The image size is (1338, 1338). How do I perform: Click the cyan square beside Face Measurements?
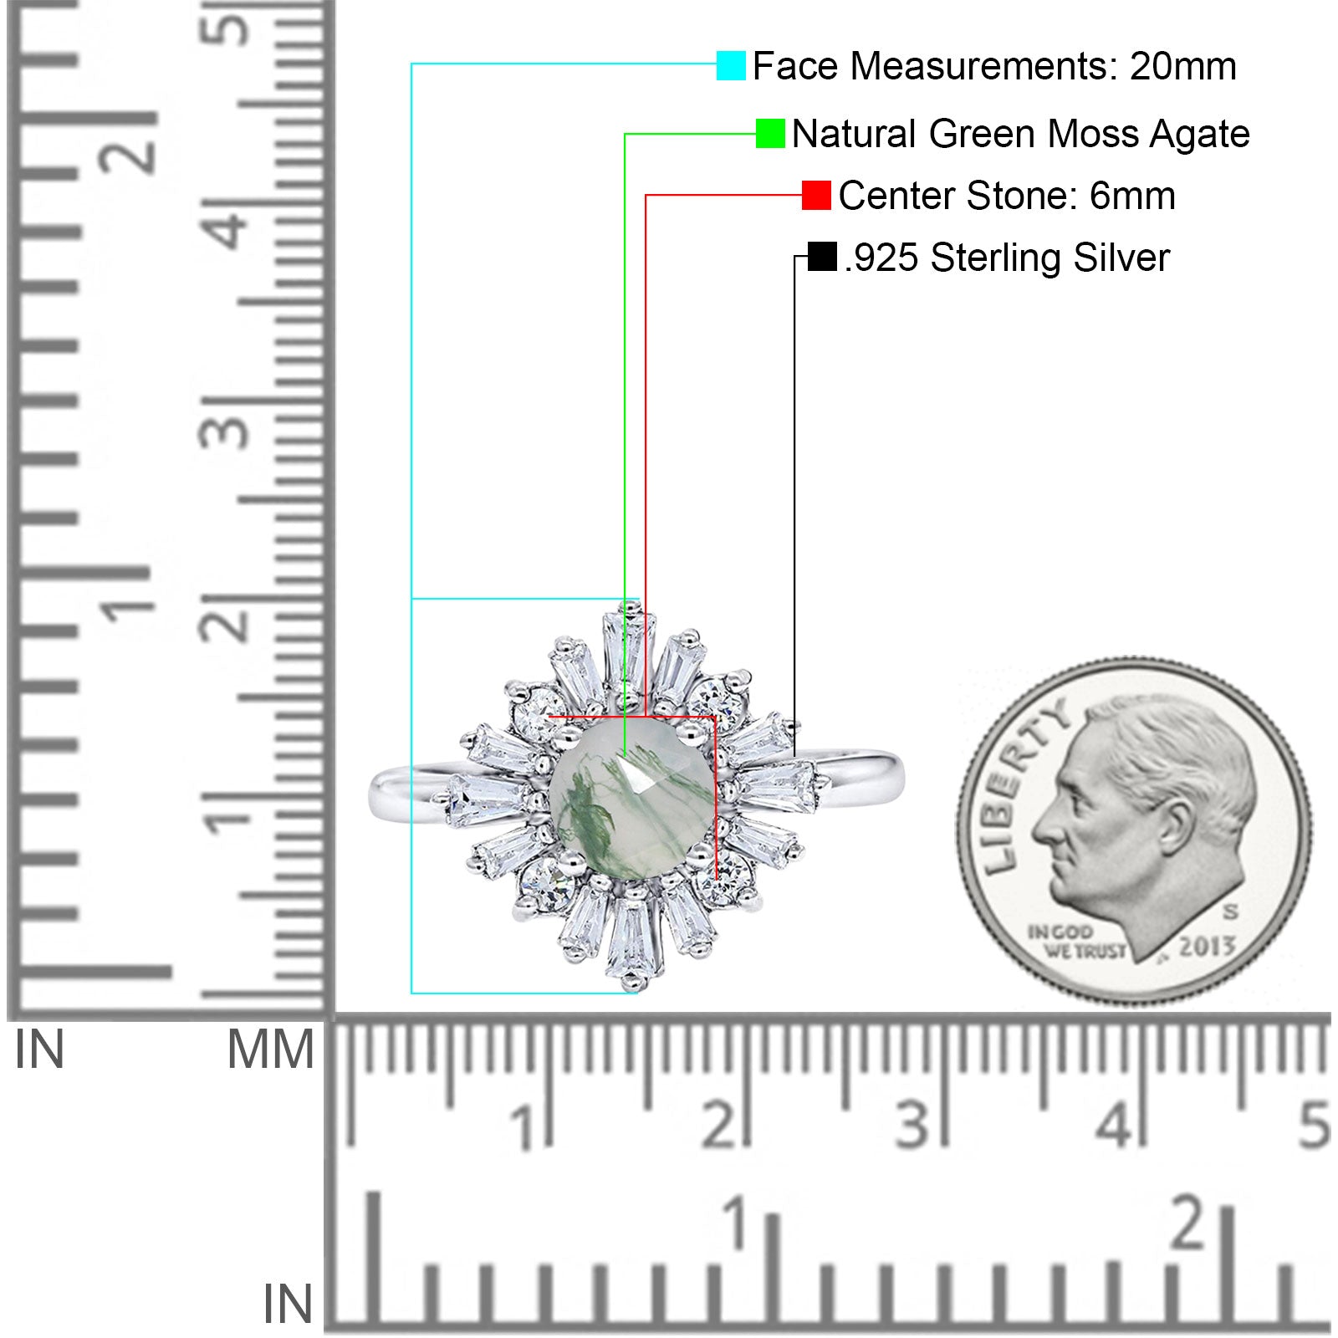pos(731,65)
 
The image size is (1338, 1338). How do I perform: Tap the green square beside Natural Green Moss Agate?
pos(770,133)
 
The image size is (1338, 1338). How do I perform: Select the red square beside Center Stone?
pos(816,195)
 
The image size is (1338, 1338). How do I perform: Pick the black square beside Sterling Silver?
pos(823,257)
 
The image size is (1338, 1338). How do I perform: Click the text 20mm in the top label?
pos(1183,66)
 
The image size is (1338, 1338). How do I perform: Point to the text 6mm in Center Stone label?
pos(1132,196)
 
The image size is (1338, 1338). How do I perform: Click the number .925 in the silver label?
pos(881,258)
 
